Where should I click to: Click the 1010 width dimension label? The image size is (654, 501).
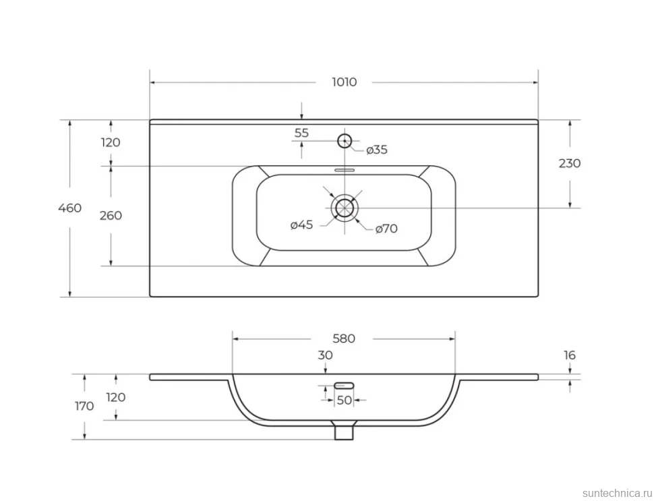(344, 82)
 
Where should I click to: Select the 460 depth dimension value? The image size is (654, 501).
(69, 208)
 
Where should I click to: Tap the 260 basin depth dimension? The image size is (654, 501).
(111, 216)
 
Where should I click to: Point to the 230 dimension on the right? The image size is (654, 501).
(569, 163)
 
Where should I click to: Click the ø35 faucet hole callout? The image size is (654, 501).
(377, 150)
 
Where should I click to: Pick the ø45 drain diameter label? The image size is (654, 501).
(301, 225)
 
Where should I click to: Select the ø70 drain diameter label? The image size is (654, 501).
(386, 229)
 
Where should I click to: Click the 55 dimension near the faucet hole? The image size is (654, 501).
(301, 133)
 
